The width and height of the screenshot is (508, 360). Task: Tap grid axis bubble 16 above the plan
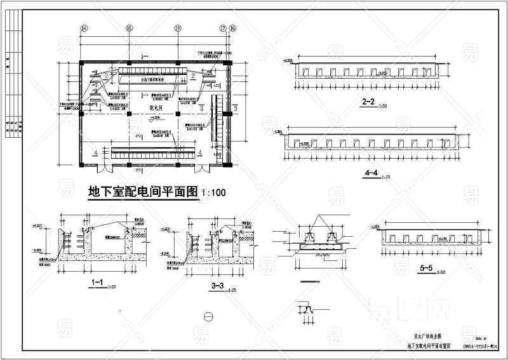[178, 28]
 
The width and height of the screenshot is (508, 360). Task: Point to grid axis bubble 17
[223, 28]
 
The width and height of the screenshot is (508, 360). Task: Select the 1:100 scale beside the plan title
[214, 191]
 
